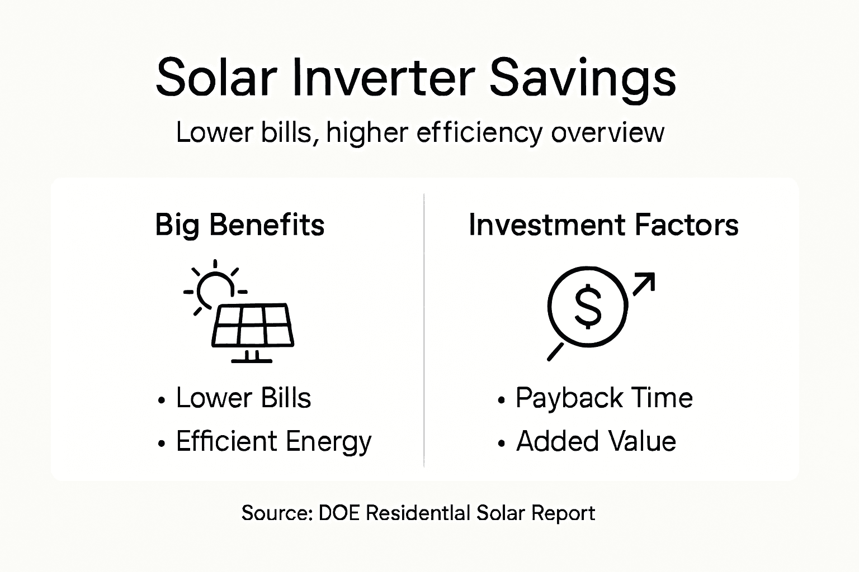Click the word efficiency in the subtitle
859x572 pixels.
(479, 134)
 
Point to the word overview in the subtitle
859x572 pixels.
(607, 133)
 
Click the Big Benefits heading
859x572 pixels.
(239, 225)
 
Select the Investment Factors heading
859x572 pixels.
(603, 225)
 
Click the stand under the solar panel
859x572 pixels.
(252, 356)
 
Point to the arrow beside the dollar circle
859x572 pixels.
(644, 283)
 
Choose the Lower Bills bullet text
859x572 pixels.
(243, 398)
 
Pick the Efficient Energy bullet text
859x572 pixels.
(273, 442)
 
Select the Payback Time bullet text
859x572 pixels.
(604, 398)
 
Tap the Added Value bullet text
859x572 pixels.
(596, 442)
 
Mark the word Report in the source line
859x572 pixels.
(563, 513)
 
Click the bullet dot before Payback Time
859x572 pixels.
(501, 401)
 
